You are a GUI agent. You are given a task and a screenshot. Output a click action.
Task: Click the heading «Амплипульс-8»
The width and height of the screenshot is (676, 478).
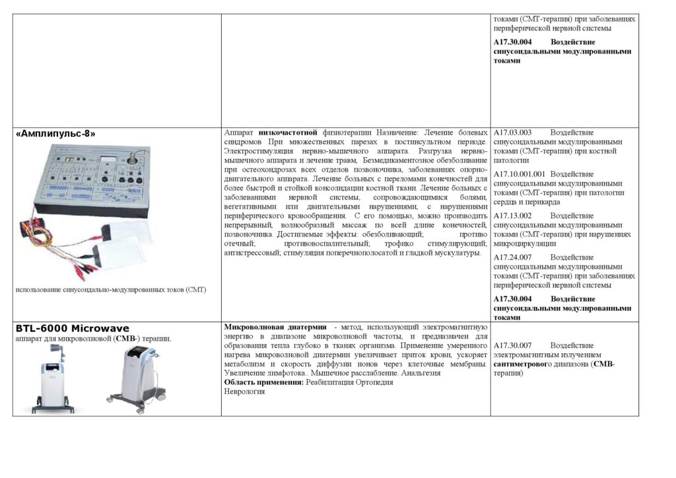click(55, 133)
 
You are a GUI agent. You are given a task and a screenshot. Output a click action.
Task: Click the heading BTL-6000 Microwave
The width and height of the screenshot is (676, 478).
click(73, 328)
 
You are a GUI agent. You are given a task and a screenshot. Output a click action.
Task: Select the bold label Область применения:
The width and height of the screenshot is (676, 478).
click(263, 382)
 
